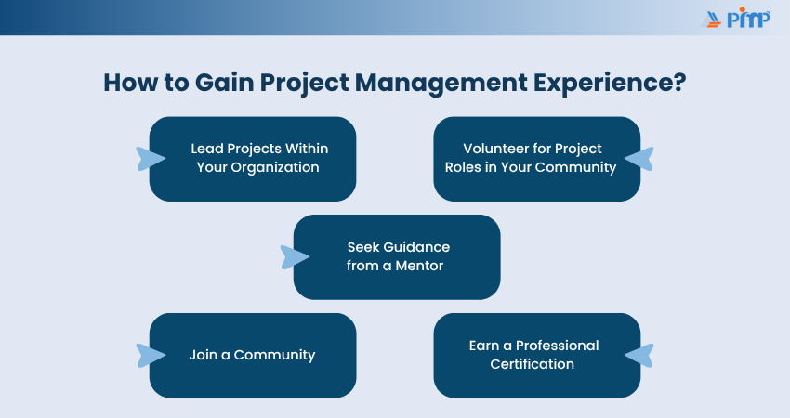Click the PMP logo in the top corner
point(736,18)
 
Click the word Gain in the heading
point(224,83)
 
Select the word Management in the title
point(441,84)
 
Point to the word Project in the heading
point(304,84)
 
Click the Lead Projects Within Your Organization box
point(253,159)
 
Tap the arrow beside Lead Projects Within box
point(151,159)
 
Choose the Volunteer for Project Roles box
point(537,159)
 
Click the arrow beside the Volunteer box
point(639,159)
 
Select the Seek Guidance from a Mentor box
point(397,257)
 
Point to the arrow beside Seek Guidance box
point(295,257)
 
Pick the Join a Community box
point(253,356)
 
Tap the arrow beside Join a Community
point(151,356)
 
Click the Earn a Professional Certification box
point(537,356)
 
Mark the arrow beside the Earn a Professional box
point(639,356)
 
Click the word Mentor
point(420,266)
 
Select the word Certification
point(532,364)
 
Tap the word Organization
point(274,168)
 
